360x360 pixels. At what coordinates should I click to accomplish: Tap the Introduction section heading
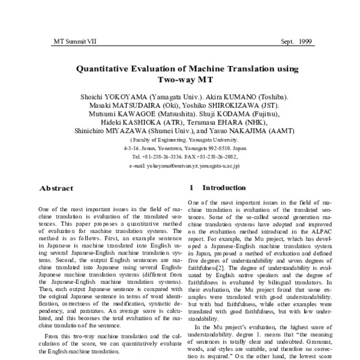[224, 188]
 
